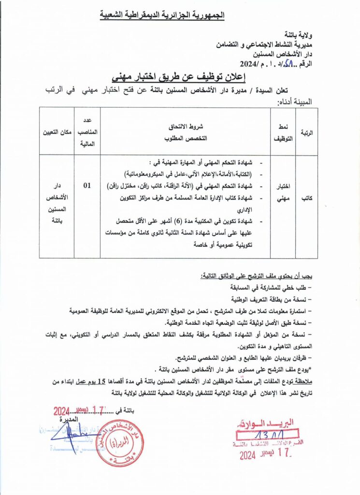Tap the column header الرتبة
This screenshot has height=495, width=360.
point(307,131)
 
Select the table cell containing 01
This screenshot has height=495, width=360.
point(87,184)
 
